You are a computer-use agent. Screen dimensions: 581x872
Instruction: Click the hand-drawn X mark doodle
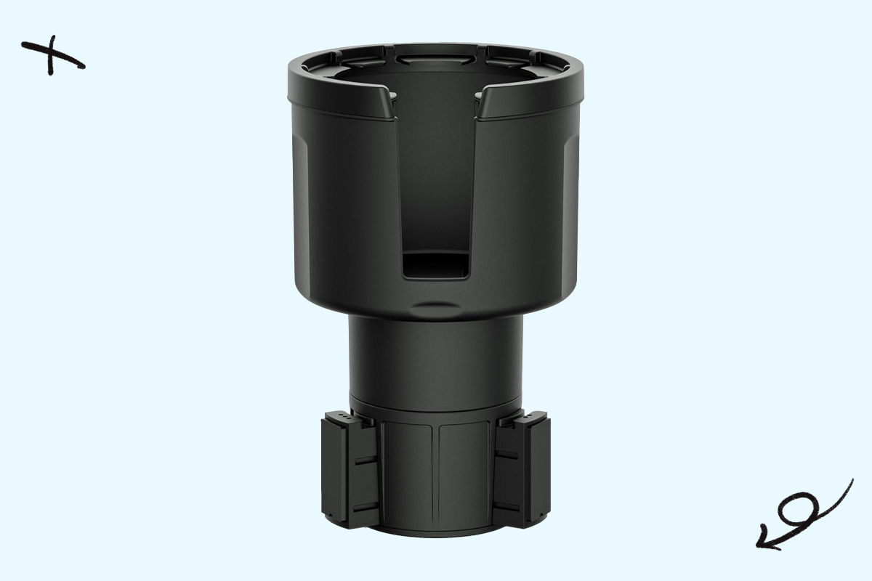pos(52,57)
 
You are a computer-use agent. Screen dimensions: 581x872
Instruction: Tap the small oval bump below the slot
pos(435,305)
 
